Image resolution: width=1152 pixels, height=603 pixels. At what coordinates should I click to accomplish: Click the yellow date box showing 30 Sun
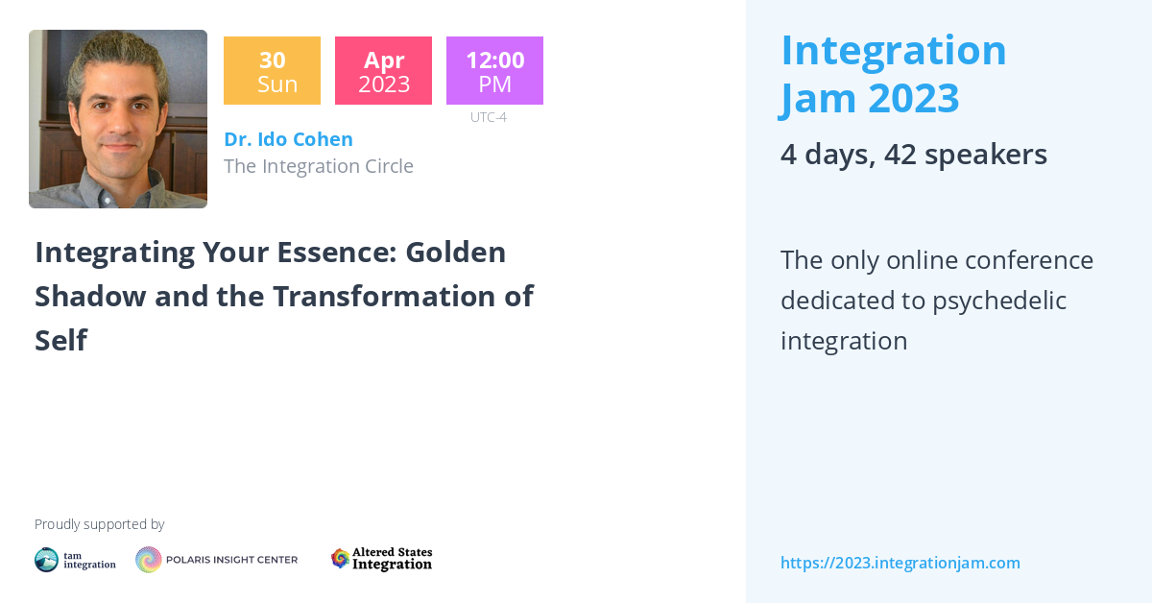pos(272,71)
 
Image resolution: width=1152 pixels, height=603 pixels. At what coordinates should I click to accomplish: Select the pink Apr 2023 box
pos(383,71)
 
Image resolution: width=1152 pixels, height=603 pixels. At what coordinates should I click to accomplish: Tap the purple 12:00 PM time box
pos(494,71)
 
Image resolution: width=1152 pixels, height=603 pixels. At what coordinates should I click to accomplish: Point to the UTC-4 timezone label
pos(488,117)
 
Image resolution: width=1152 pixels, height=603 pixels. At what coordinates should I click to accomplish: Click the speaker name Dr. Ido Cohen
pos(288,139)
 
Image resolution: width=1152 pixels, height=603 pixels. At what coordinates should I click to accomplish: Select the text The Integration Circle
pos(318,166)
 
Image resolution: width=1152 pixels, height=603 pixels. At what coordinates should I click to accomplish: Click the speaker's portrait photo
pos(118,119)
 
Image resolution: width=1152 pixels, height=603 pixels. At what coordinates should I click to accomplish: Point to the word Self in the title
pos(60,340)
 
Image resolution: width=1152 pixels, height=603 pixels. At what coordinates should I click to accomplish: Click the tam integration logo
pos(75,560)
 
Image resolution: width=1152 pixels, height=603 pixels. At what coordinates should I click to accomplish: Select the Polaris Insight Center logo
pos(216,560)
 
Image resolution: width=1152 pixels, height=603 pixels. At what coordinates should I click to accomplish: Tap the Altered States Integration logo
pos(381,559)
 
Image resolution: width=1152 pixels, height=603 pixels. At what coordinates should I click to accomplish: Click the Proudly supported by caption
pos(99,524)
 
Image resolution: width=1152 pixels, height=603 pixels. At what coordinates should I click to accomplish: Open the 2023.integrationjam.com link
pos(900,563)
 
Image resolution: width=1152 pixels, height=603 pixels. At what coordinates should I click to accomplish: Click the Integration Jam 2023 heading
pos(893,74)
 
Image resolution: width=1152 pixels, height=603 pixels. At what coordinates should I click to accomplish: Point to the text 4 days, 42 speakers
pos(913,155)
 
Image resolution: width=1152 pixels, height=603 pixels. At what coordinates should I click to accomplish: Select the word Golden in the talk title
pos(455,253)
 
